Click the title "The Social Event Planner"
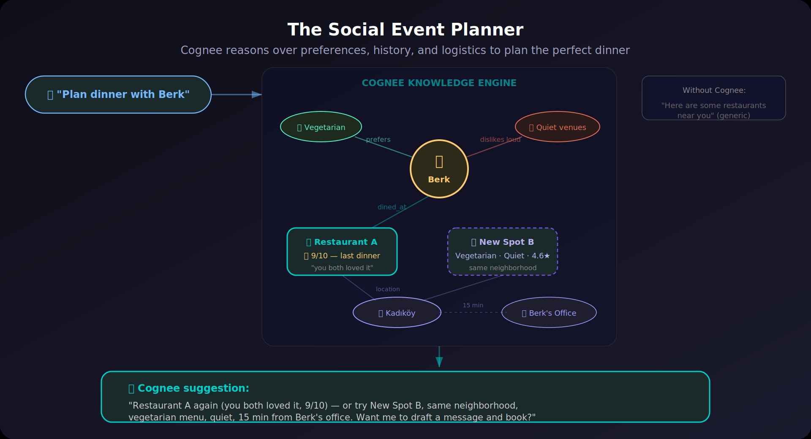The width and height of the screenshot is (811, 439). tap(405, 30)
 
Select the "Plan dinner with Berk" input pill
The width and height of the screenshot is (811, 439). tap(118, 95)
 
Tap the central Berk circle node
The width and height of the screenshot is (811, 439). tap(439, 169)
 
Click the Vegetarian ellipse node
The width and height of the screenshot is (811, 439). tap(321, 127)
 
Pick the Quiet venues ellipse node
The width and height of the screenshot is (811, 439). tap(558, 127)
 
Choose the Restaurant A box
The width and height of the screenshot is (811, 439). tap(342, 252)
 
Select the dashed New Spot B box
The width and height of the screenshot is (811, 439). tap(503, 252)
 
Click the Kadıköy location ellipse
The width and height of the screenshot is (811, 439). tap(397, 312)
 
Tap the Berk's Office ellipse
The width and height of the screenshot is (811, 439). tap(549, 312)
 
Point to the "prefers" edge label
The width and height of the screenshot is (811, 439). tap(378, 140)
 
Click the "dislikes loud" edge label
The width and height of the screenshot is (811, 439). tap(500, 140)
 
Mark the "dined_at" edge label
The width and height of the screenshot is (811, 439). tap(392, 207)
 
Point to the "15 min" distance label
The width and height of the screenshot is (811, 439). tap(473, 305)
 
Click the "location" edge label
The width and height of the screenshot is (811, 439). tap(388, 289)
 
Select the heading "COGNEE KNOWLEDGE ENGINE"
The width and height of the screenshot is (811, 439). tap(439, 83)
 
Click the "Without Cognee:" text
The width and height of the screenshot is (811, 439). tap(714, 90)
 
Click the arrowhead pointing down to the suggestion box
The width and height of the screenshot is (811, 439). tap(439, 362)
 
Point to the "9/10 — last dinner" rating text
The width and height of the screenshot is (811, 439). tap(342, 256)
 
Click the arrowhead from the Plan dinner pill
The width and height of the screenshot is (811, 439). tap(256, 95)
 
